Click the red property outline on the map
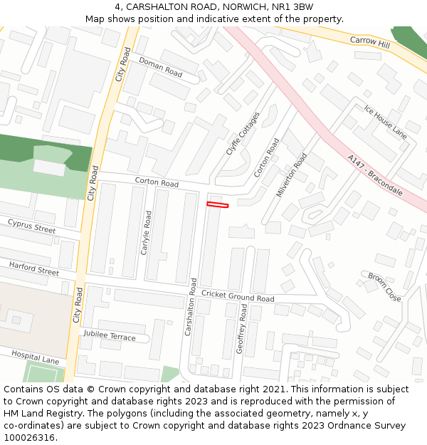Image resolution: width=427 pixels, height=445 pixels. [218, 205]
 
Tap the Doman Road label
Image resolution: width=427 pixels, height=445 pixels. [160, 68]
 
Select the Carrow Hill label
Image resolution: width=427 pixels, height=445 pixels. [370, 43]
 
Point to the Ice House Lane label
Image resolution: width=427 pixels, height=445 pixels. [385, 121]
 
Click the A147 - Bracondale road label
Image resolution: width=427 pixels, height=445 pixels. [375, 175]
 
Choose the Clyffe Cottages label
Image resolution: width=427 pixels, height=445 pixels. [243, 133]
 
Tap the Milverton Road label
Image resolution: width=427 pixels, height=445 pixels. [292, 174]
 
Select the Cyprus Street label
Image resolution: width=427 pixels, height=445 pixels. [31, 226]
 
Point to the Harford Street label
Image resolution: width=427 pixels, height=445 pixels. [33, 268]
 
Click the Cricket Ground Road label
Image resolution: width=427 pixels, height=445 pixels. [238, 296]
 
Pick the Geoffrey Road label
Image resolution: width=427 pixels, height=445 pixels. [243, 329]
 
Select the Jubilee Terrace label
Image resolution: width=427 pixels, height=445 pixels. [109, 335]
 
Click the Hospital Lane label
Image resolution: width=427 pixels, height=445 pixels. [35, 357]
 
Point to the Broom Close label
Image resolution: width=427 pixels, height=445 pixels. [384, 286]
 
